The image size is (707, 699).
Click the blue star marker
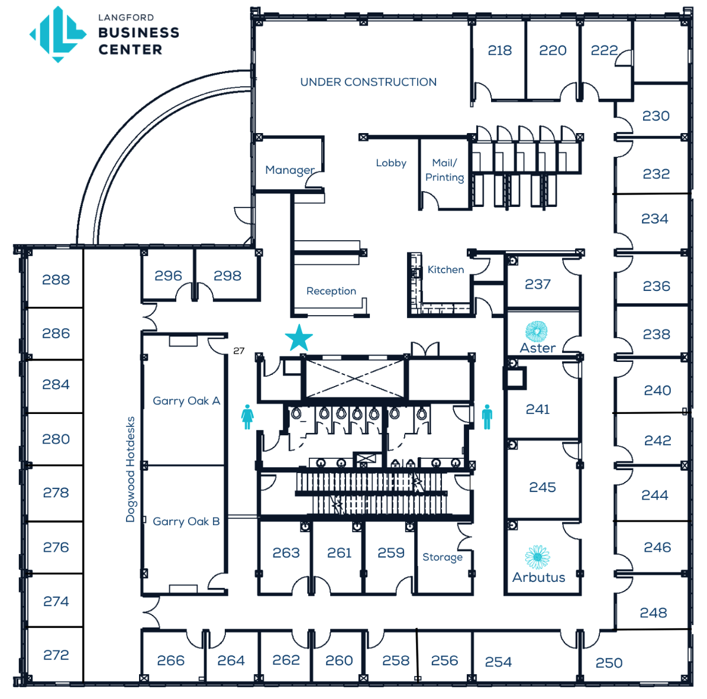pyautogui.click(x=299, y=338)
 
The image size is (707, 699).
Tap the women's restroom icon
pyautogui.click(x=247, y=417)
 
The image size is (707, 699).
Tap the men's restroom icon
pyautogui.click(x=487, y=417)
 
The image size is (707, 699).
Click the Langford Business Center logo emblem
pyautogui.click(x=58, y=34)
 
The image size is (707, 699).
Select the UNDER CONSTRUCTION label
pyautogui.click(x=369, y=82)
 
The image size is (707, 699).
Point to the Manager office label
pyautogui.click(x=290, y=170)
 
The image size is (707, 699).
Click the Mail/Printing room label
pyautogui.click(x=444, y=170)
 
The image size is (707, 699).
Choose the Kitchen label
pyautogui.click(x=445, y=270)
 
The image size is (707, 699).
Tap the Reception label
pyautogui.click(x=331, y=291)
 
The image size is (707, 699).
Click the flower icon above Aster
pyautogui.click(x=537, y=331)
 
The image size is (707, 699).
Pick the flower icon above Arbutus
pyautogui.click(x=537, y=557)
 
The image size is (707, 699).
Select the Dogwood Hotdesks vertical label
pyautogui.click(x=130, y=469)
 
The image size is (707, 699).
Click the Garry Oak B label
pyautogui.click(x=186, y=522)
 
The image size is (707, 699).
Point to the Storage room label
pyautogui.click(x=443, y=558)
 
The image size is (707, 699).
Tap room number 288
pyautogui.click(x=56, y=280)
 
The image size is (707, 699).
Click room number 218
pyautogui.click(x=499, y=50)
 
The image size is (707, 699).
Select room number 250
pyautogui.click(x=609, y=663)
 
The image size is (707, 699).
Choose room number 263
pyautogui.click(x=286, y=552)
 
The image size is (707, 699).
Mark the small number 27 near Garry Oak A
pyautogui.click(x=239, y=351)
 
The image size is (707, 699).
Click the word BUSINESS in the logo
pyautogui.click(x=139, y=33)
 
